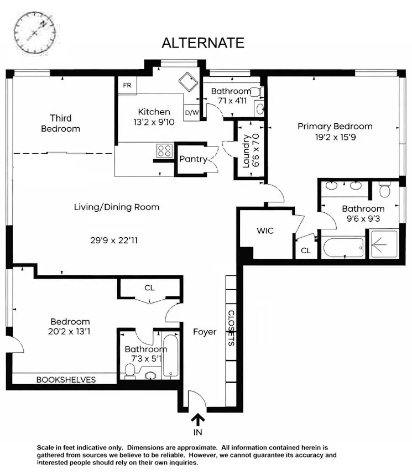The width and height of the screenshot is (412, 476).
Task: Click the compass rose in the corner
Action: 35,32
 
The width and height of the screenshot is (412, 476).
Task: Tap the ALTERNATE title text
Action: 203,43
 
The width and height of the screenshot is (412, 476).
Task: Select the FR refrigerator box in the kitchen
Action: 127,85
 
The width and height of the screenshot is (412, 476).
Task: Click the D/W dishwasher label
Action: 192,113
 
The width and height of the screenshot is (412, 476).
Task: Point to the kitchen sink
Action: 188,81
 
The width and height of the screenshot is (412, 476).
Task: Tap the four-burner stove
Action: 165,151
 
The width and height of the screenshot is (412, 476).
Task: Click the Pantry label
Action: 193,159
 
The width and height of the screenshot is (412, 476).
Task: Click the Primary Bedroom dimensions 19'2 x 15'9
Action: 335,137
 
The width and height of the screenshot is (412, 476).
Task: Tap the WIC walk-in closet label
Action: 265,231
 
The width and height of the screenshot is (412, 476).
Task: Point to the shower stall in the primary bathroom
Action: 384,244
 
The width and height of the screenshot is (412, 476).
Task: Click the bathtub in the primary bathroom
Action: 345,248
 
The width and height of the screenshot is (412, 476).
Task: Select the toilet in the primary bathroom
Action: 385,190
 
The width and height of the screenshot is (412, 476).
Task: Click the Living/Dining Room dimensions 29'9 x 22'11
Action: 114,240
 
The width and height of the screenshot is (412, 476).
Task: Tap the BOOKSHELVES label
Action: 66,380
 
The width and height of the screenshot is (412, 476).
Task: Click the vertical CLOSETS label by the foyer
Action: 231,328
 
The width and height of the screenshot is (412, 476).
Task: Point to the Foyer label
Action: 205,332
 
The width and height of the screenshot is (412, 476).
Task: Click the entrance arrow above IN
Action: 197,420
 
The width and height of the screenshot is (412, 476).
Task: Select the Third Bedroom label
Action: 60,123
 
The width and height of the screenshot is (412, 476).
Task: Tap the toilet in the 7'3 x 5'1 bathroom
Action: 131,371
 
